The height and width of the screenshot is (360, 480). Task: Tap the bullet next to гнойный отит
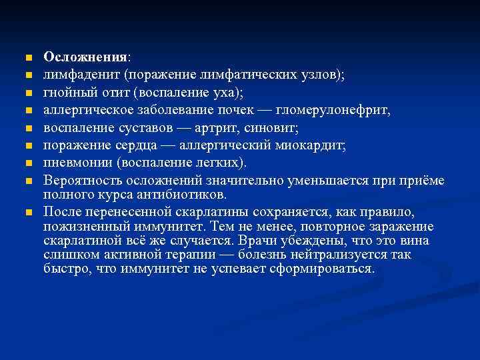(x=26, y=93)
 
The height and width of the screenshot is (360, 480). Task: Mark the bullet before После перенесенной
(x=26, y=213)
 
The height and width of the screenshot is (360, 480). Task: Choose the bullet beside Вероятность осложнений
(x=26, y=181)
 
